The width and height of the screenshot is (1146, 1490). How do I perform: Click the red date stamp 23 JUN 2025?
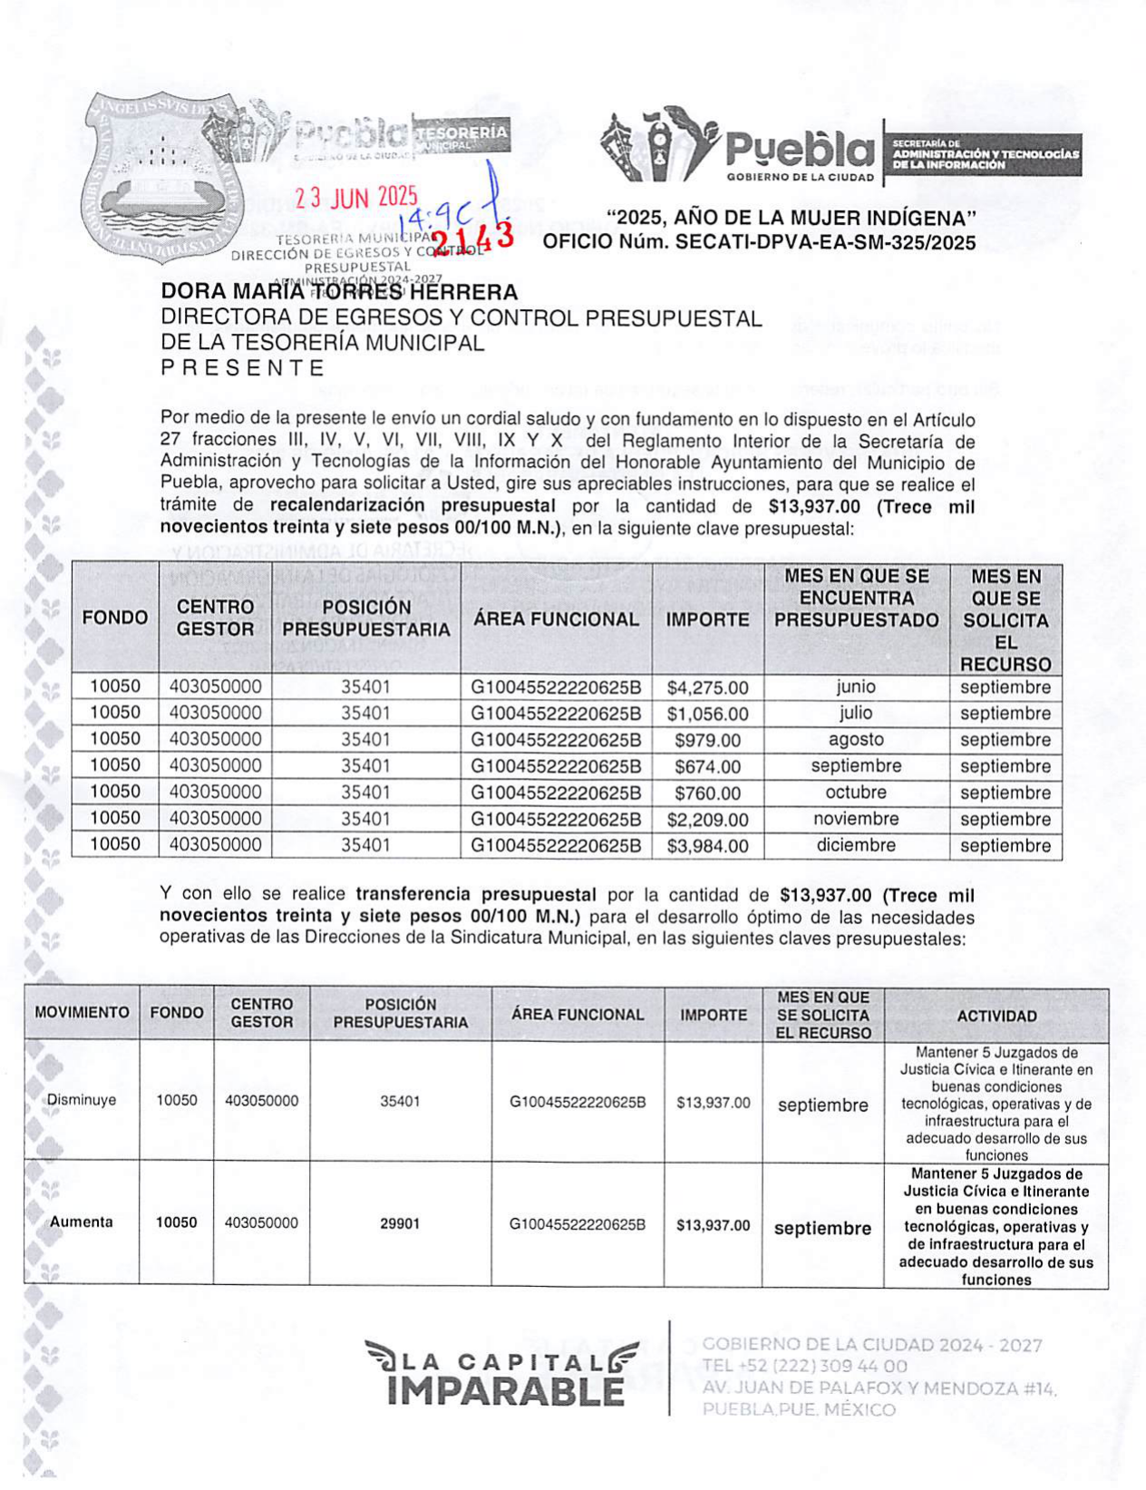[355, 197]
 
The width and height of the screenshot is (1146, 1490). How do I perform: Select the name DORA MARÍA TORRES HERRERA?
[339, 292]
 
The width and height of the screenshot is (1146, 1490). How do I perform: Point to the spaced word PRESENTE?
[242, 367]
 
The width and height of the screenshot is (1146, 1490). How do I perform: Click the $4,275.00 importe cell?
[707, 687]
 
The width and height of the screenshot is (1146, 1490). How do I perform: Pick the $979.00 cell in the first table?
[707, 740]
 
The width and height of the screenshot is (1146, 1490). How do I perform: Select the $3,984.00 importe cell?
[707, 846]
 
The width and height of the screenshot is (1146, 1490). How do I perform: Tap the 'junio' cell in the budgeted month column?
[856, 687]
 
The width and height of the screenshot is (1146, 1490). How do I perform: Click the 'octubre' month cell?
[856, 792]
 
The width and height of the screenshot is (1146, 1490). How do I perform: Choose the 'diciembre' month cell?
[856, 845]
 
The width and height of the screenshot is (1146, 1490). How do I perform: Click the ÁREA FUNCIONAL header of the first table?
[556, 618]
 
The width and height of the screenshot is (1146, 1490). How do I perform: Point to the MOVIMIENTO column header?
[82, 1012]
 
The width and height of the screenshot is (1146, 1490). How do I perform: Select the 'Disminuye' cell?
[82, 1100]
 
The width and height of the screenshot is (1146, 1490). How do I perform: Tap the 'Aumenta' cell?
[82, 1222]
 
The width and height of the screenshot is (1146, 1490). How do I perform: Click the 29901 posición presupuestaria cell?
[400, 1223]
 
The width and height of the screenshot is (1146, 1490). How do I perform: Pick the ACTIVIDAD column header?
[996, 1016]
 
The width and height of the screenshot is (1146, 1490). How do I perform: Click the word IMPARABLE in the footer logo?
[505, 1390]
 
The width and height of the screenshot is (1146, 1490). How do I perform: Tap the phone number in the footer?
[804, 1366]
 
